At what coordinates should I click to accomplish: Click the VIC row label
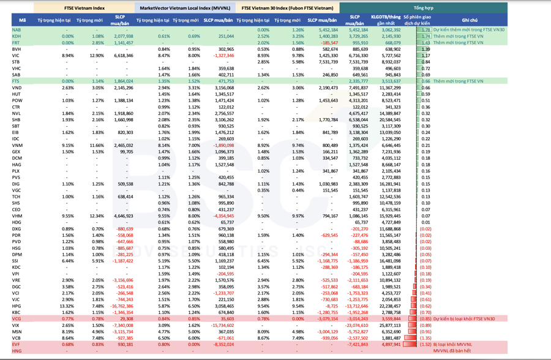[x=16, y=55]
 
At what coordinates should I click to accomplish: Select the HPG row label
[x=17, y=306]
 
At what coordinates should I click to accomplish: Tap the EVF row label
[x=16, y=344]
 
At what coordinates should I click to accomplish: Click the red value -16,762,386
[x=121, y=306]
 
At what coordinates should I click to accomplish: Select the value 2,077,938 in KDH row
[x=123, y=36]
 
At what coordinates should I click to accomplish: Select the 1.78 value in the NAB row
[x=426, y=29]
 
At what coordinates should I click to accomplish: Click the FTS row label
[x=16, y=81]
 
